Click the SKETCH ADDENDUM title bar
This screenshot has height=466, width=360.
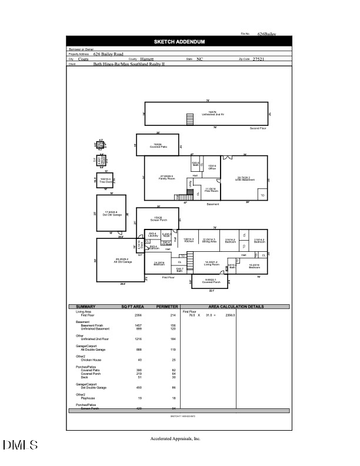tap(179, 42)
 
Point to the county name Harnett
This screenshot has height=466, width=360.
tap(147, 59)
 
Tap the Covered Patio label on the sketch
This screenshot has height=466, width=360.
tap(158, 145)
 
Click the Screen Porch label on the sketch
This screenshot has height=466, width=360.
tap(158, 218)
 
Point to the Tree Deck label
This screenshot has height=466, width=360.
tap(105, 180)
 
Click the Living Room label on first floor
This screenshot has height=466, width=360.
tap(212, 263)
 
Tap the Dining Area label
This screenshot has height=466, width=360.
tap(210, 241)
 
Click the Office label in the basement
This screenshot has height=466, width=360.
tap(212, 167)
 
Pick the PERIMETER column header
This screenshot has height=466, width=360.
tap(167, 307)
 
